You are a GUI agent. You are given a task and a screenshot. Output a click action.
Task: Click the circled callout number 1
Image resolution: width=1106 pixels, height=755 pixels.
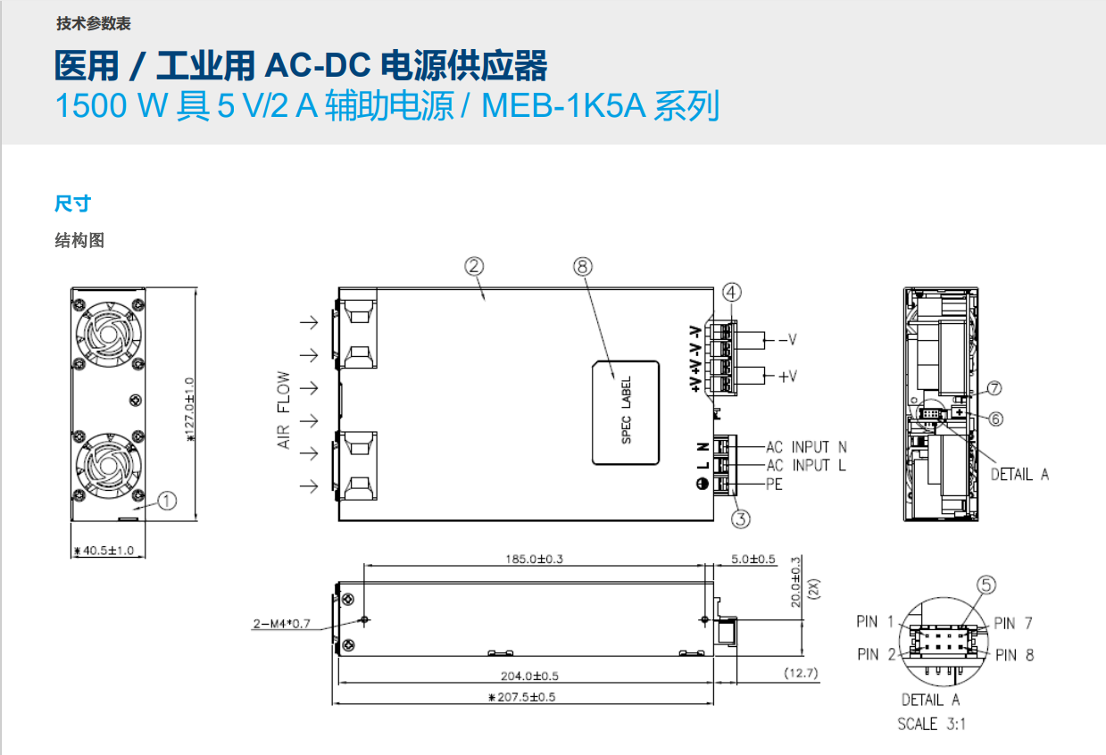click(x=167, y=501)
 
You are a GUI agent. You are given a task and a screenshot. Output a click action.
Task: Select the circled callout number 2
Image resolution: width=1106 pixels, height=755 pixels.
click(x=474, y=266)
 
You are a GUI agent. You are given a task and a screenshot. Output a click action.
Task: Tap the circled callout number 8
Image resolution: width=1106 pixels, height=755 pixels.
click(x=582, y=266)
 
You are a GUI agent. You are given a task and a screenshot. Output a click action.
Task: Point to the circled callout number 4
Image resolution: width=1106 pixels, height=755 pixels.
click(x=732, y=292)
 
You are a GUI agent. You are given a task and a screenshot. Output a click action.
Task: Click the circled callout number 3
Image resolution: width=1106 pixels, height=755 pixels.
click(x=740, y=518)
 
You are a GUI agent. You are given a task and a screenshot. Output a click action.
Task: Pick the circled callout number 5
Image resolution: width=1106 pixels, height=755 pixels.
click(x=985, y=585)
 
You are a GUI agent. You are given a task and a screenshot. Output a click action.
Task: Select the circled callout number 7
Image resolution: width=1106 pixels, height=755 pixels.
click(x=994, y=388)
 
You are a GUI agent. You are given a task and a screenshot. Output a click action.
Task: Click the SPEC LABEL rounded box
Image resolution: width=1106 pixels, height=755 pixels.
click(x=626, y=412)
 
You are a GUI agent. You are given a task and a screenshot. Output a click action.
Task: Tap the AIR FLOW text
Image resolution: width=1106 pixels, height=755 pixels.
click(x=284, y=410)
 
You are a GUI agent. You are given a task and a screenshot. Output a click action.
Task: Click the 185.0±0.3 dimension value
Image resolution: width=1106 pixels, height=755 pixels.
click(x=535, y=560)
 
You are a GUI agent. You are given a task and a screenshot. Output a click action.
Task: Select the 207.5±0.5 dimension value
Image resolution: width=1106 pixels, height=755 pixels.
click(x=522, y=697)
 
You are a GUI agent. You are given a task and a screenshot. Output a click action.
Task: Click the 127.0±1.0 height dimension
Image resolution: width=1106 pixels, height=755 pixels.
click(x=189, y=410)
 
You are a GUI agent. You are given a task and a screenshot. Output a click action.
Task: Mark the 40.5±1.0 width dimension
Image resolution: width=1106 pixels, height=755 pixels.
click(x=104, y=551)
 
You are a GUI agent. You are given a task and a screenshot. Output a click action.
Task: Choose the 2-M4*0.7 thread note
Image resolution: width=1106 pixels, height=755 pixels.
click(x=281, y=624)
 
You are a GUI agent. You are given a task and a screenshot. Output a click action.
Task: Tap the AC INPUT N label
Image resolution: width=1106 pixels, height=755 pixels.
click(x=806, y=446)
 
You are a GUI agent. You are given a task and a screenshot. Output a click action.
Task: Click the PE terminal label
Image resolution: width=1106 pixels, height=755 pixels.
click(x=774, y=485)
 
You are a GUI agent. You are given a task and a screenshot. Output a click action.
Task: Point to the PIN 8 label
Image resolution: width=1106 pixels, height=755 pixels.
click(x=1013, y=655)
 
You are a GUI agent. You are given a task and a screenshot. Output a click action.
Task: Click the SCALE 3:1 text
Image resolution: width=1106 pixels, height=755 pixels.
click(x=930, y=724)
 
